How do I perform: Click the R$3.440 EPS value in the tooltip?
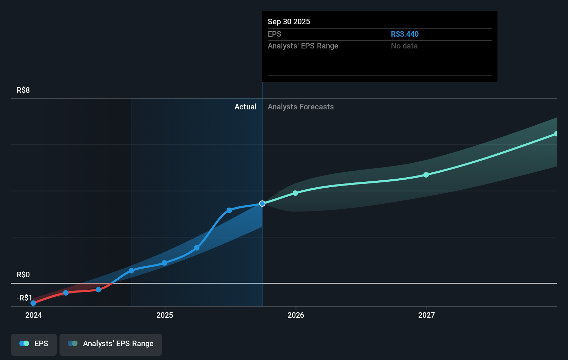click(x=404, y=34)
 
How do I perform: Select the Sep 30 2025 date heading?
click(x=289, y=21)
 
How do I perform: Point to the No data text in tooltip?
click(x=404, y=46)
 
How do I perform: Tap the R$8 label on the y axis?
click(x=23, y=90)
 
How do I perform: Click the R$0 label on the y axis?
click(x=23, y=274)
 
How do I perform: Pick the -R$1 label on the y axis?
click(x=24, y=298)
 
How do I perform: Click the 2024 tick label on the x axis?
click(x=34, y=315)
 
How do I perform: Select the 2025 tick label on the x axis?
click(x=165, y=315)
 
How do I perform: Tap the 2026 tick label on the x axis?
click(x=296, y=315)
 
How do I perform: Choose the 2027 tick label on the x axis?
click(x=427, y=315)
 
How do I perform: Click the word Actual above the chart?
click(x=245, y=107)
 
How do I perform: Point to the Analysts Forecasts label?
click(x=301, y=107)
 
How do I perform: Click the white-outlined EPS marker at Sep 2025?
click(x=262, y=204)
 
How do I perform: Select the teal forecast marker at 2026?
click(x=295, y=193)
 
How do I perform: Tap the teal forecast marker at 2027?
click(x=426, y=175)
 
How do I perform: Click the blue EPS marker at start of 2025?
click(x=164, y=263)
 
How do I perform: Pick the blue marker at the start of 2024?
click(x=33, y=303)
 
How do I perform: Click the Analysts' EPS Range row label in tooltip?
click(x=303, y=46)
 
